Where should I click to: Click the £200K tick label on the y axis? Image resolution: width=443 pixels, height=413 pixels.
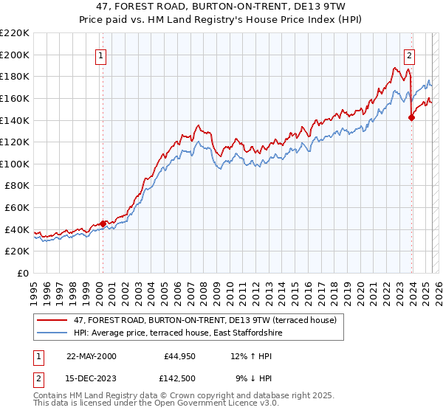pos(15,55)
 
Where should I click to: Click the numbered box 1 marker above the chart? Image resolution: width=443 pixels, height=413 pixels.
pos(100,55)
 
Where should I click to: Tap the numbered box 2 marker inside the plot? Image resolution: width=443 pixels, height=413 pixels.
pos(409,55)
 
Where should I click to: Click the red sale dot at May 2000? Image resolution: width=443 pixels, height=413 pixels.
pos(103,223)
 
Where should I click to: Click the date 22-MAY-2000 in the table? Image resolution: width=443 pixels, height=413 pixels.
pos(91,356)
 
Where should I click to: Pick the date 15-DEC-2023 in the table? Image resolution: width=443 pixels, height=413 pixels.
pos(91,378)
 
